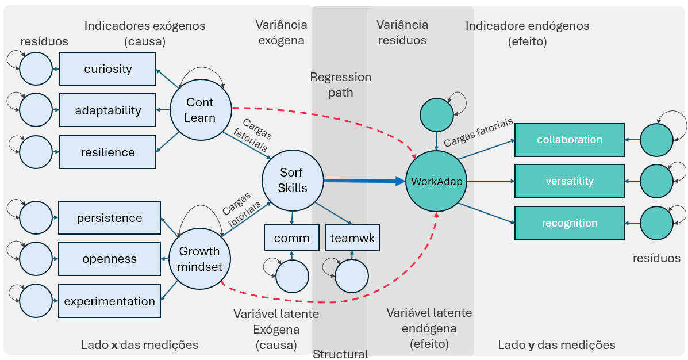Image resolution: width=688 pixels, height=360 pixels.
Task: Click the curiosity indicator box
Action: pyautogui.click(x=108, y=69)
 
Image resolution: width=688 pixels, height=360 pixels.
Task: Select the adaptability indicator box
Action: pyautogui.click(x=108, y=110)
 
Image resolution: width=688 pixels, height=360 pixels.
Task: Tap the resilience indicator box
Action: pyautogui.click(x=108, y=152)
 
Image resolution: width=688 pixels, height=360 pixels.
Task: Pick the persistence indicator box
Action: pyautogui.click(x=109, y=218)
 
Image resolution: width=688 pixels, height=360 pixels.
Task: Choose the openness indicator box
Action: pyautogui.click(x=109, y=259)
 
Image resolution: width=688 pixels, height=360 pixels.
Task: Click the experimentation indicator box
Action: pyautogui.click(x=109, y=301)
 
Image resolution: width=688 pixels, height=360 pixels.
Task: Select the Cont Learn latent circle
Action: pyautogui.click(x=200, y=110)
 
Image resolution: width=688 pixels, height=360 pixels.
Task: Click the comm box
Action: pyautogui.click(x=291, y=238)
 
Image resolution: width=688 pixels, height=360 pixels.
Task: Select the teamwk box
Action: pyautogui.click(x=352, y=238)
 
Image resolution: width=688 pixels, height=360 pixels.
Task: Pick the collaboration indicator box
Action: pyautogui.click(x=569, y=140)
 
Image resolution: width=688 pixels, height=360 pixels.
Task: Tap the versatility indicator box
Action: pyautogui.click(x=569, y=181)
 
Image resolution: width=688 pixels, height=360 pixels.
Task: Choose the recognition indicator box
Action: pyautogui.click(x=569, y=223)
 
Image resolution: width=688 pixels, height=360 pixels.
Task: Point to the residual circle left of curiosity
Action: pyautogui.click(x=36, y=69)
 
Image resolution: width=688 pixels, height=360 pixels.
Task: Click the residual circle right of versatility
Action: pyautogui.click(x=656, y=181)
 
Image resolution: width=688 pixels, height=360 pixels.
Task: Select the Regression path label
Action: pyautogui.click(x=340, y=85)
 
